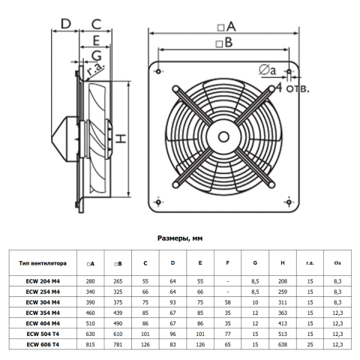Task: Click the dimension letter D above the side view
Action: (66, 24)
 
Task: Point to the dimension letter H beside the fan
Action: (121, 139)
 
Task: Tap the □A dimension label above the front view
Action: (226, 26)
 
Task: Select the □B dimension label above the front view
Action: (224, 43)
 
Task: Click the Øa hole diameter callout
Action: (268, 70)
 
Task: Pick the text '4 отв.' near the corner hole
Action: (292, 88)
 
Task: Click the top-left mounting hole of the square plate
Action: (158, 71)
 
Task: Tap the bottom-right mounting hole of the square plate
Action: (289, 202)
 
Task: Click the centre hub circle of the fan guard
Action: (223, 136)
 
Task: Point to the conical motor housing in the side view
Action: (64, 139)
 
